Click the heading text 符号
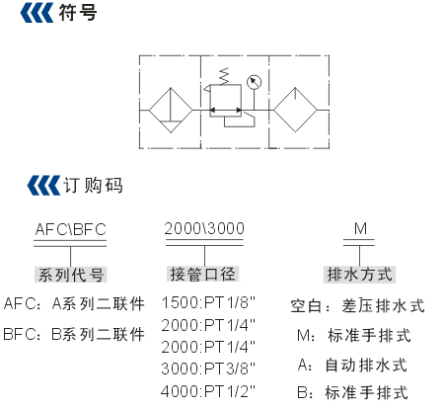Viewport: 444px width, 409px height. tap(78, 13)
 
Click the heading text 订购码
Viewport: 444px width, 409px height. tap(93, 185)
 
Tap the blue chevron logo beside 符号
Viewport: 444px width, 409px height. tap(37, 13)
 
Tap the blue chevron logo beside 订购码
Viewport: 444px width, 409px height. tap(43, 186)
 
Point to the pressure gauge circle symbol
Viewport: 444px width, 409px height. tap(254, 82)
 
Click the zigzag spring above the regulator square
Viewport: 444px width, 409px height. tap(224, 76)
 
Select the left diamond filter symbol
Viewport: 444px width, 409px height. tap(171, 111)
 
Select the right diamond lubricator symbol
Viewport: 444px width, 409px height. tap(295, 110)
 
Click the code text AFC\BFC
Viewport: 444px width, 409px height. tap(70, 230)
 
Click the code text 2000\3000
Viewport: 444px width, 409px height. tap(204, 228)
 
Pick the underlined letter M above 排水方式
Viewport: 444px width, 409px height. tap(360, 228)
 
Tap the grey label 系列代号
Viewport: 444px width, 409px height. tap(71, 275)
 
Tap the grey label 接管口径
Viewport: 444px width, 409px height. tap(202, 274)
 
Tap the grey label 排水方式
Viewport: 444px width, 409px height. tap(359, 275)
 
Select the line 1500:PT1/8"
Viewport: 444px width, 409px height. tap(208, 302)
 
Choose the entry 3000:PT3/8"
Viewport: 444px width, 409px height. tap(208, 368)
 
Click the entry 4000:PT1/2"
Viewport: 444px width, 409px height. tap(208, 391)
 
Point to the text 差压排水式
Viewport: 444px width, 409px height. tap(383, 306)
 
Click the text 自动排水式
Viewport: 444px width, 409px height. tap(366, 366)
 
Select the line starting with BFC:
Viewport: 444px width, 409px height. tap(74, 334)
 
